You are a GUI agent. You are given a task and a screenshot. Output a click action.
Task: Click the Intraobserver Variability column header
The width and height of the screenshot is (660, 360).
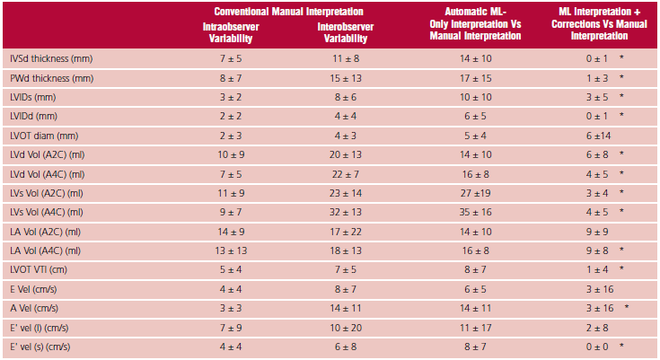[x=231, y=32]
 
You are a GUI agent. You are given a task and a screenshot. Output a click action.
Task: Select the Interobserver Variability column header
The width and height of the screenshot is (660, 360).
[x=346, y=32]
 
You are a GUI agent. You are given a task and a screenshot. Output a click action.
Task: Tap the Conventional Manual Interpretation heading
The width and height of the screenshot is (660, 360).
[x=288, y=12]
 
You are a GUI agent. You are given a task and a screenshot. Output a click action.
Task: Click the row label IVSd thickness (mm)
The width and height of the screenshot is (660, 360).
[x=51, y=59]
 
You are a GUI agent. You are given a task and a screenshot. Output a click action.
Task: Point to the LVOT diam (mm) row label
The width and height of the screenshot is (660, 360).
[x=44, y=136]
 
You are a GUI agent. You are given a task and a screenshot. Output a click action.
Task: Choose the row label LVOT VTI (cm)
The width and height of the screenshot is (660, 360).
[x=39, y=270]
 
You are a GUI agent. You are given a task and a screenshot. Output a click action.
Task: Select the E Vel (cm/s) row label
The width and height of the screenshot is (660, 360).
[x=33, y=289]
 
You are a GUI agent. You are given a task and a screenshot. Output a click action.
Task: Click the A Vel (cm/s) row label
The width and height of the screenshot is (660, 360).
[x=34, y=308]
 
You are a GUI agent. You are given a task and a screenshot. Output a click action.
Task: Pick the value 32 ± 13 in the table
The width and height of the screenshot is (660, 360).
[x=346, y=212]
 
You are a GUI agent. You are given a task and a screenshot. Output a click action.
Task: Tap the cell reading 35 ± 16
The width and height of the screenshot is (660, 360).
[x=475, y=212]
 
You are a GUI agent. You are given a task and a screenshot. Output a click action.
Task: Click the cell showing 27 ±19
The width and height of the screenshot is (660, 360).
[x=475, y=193]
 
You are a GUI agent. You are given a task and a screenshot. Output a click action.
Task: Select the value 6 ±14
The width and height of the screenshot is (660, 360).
[x=599, y=136]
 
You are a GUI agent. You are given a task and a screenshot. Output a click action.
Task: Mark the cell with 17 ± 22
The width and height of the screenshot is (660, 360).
[x=346, y=232]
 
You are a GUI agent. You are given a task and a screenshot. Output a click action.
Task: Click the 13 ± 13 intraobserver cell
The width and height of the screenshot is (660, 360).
[x=231, y=251]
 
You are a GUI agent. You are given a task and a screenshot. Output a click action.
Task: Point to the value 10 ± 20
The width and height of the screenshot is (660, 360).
[x=346, y=328]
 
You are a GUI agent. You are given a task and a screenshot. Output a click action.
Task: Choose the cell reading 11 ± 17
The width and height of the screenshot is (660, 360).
[x=475, y=328]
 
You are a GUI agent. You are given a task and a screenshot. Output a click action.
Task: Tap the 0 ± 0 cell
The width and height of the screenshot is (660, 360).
[x=597, y=347]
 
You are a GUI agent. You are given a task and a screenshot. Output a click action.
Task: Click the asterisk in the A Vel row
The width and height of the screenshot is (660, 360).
[x=627, y=307]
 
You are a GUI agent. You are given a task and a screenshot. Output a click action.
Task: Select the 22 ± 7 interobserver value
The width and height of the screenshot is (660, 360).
[x=346, y=174]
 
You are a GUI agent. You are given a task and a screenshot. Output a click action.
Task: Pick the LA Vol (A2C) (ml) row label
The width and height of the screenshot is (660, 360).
[x=45, y=232]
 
